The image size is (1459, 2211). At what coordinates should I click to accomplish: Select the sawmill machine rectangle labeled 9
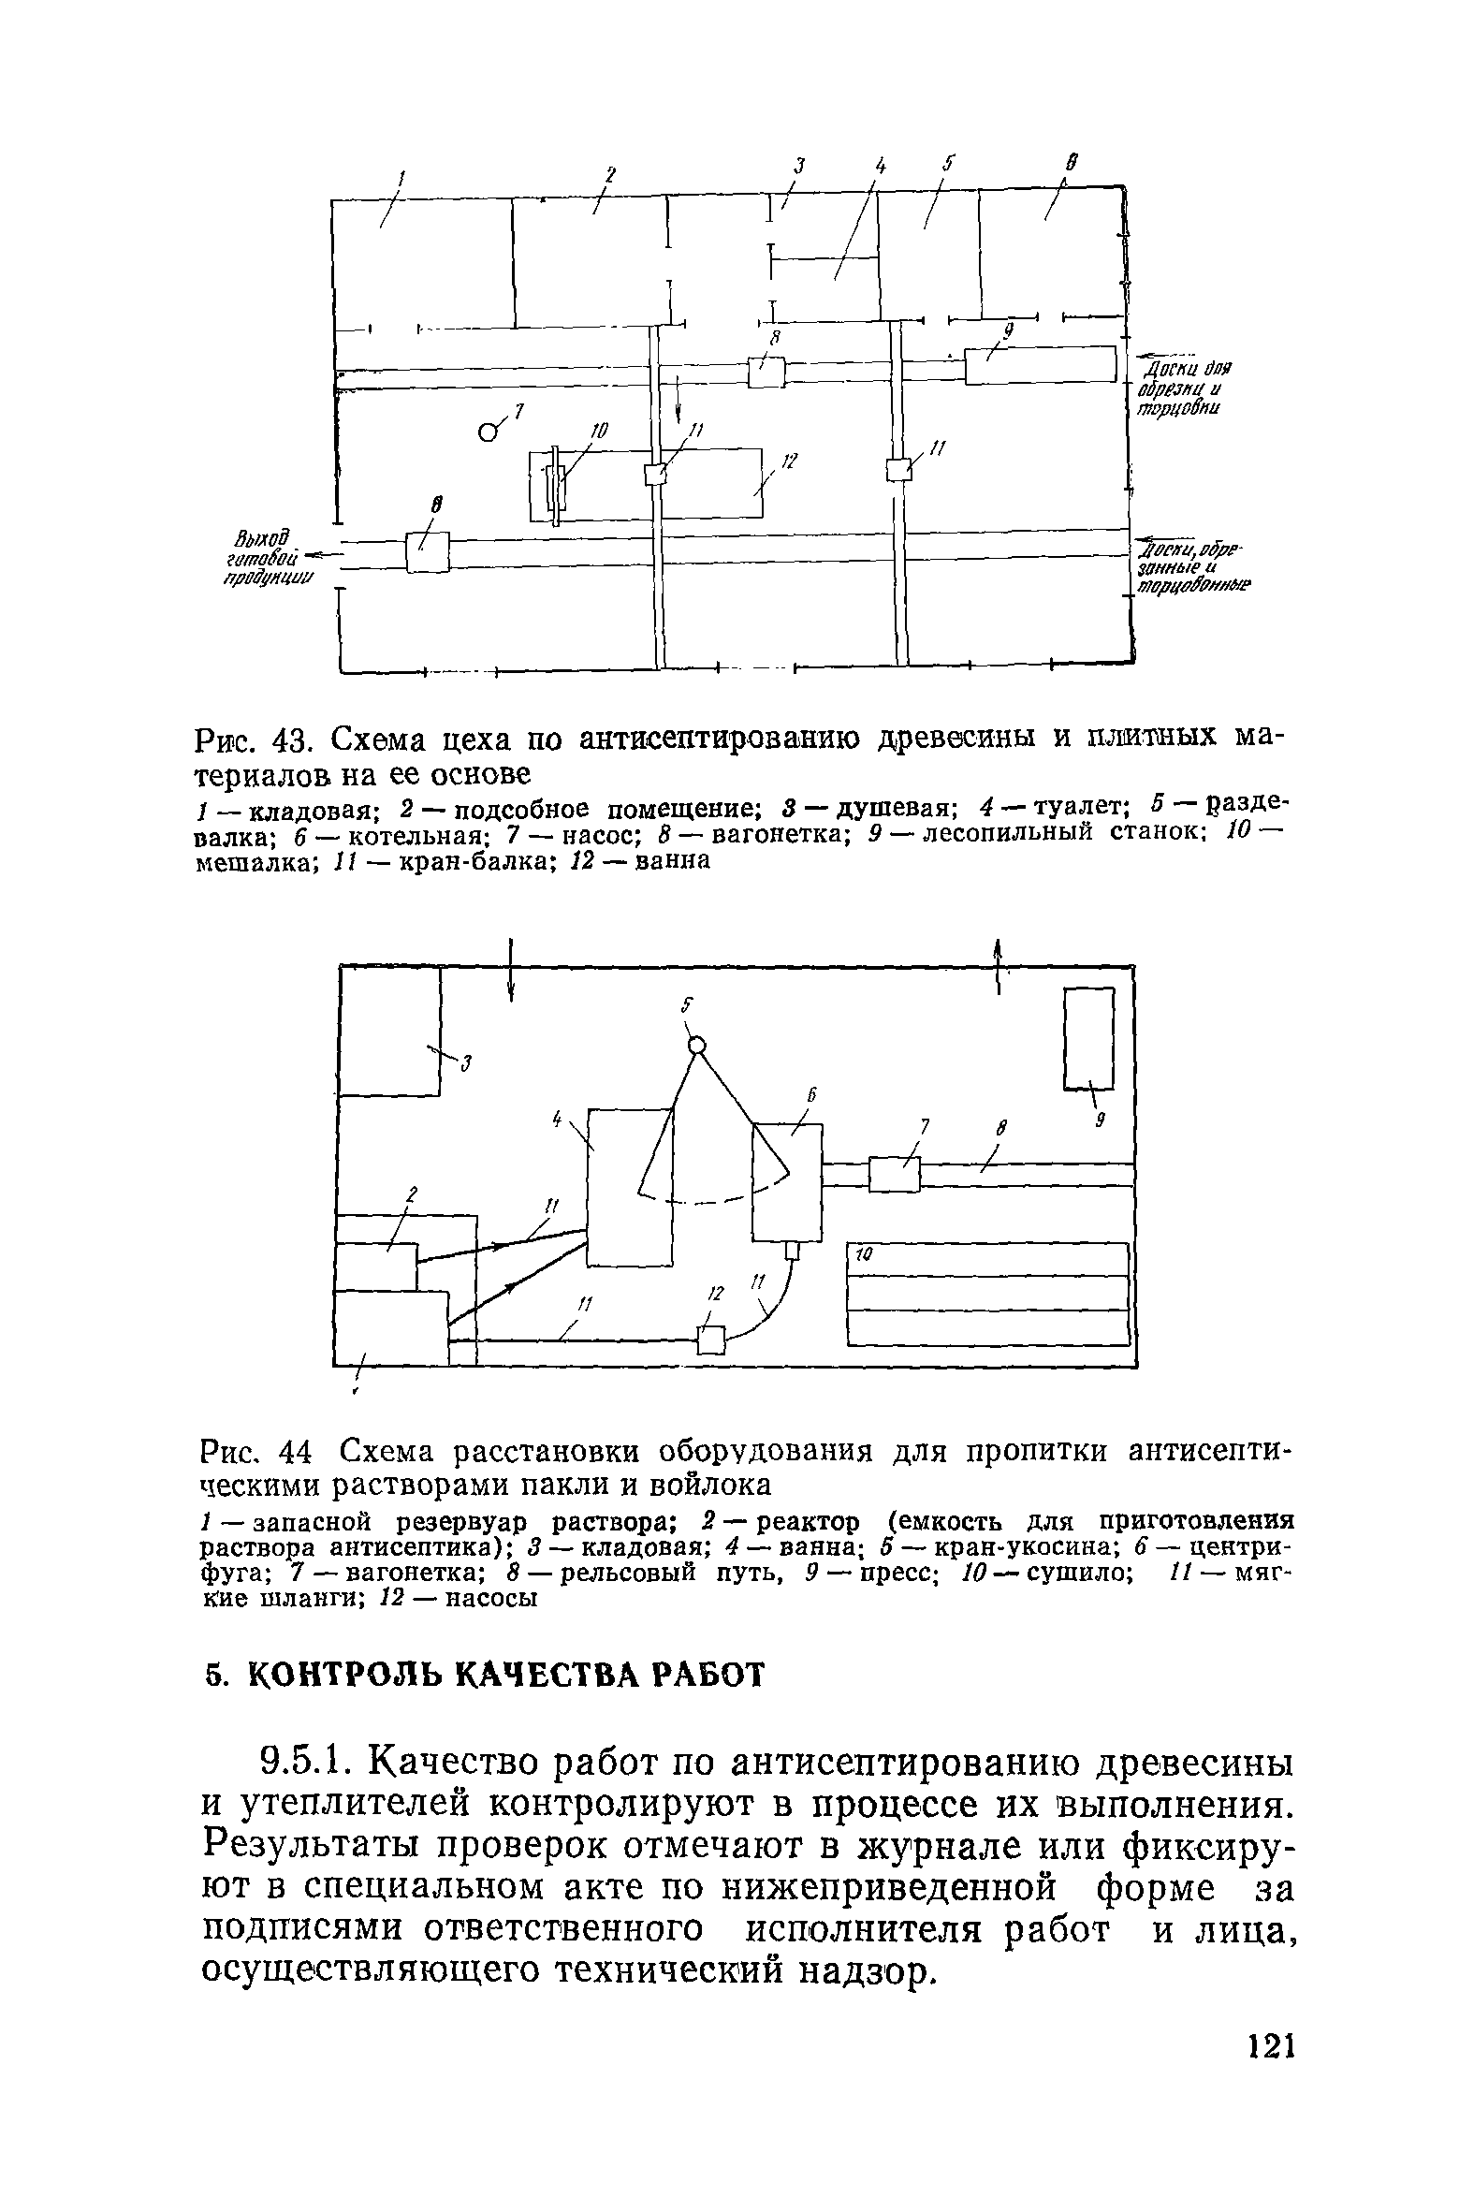click(1041, 365)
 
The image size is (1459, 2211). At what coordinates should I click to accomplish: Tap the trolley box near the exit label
click(428, 552)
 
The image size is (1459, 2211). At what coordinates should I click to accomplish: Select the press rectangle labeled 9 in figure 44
click(1089, 1039)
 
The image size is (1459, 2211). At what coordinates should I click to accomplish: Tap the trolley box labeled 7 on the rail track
click(894, 1175)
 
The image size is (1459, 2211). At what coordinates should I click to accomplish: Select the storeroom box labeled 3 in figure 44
click(389, 1030)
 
